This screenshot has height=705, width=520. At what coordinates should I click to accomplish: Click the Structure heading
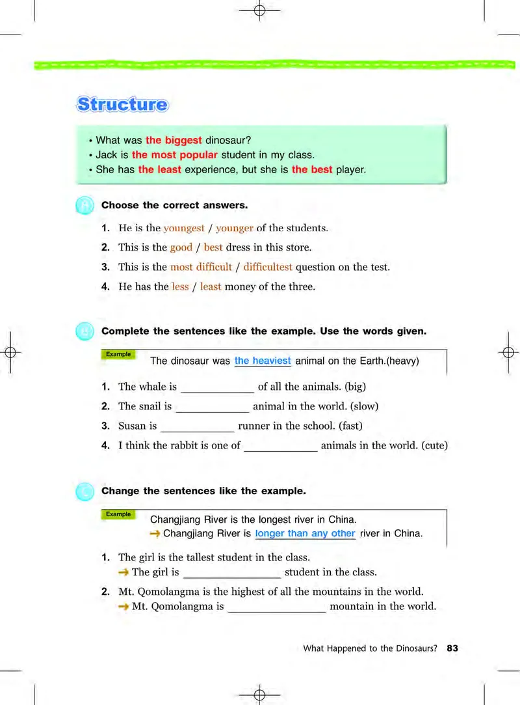coord(122,104)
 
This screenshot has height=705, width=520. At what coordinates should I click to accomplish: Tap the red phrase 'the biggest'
coord(174,140)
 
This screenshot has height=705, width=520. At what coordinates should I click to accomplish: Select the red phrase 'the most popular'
coord(174,155)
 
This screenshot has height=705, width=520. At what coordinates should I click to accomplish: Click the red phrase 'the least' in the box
coord(159,170)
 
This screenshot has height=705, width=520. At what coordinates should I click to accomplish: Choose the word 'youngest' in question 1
coord(184,228)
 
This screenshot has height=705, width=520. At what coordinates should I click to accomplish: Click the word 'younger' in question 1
coord(235,228)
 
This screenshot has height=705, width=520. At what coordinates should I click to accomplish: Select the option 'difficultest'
coord(268,267)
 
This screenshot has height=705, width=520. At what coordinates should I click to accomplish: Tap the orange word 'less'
coord(180,286)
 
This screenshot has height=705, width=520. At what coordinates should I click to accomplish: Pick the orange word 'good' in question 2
coord(181,247)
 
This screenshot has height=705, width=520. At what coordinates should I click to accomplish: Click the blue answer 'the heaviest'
coord(263,361)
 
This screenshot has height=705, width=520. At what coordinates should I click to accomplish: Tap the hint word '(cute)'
coord(435,446)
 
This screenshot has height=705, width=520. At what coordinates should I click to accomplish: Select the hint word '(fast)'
coord(349,426)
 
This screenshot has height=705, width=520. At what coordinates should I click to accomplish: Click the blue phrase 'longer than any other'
coord(305,534)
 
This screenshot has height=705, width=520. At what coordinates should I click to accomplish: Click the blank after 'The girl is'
coord(232,573)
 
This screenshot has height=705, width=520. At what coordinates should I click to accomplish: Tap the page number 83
coord(452,648)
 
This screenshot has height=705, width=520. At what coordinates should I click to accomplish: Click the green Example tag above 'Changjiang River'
coord(118,514)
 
